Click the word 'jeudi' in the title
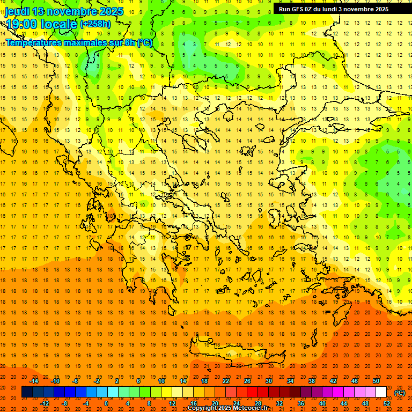(x=17, y=11)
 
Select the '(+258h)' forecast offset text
(x=95, y=24)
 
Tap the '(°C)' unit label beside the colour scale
(x=400, y=392)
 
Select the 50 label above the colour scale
(x=376, y=381)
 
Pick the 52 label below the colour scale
(x=387, y=403)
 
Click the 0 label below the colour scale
(x=106, y=403)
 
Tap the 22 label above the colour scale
(x=226, y=381)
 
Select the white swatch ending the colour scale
(x=381, y=392)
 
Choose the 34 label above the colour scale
(x=290, y=381)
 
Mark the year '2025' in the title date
(x=111, y=11)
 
